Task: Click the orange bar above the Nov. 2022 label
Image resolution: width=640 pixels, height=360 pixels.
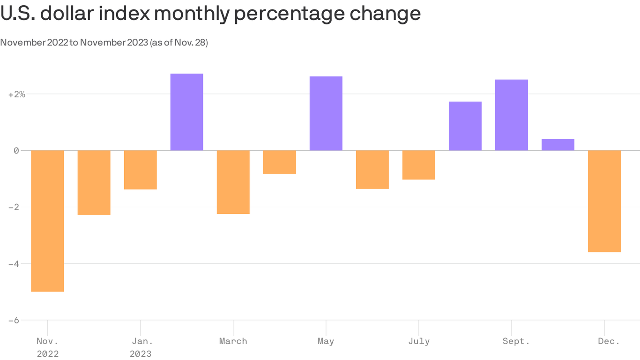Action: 47,221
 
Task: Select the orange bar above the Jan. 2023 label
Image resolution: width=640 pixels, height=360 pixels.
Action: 140,170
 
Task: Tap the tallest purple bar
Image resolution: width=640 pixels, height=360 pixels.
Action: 186,112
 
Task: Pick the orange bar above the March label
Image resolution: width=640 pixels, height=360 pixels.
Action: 233,182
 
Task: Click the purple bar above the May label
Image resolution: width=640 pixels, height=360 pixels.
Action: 326,113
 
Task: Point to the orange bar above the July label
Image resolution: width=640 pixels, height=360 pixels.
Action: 418,165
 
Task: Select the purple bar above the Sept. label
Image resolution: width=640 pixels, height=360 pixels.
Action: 511,115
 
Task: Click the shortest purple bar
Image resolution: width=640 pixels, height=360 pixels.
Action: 558,144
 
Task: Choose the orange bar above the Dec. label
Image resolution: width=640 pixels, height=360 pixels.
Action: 604,201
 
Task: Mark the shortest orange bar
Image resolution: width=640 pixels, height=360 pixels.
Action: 279,162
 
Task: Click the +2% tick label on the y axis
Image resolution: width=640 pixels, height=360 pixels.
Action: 16,94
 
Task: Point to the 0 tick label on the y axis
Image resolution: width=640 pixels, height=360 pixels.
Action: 16,150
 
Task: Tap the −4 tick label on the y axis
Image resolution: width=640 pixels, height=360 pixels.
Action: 14,264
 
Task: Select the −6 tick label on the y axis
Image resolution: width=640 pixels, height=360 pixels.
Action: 14,320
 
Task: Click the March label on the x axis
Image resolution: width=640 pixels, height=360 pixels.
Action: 233,341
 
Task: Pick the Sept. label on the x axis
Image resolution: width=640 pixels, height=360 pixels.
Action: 516,341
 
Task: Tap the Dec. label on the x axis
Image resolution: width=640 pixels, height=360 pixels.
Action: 609,341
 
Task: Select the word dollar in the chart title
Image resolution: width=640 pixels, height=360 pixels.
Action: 69,14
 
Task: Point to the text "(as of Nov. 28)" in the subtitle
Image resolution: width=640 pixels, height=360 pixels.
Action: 179,43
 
